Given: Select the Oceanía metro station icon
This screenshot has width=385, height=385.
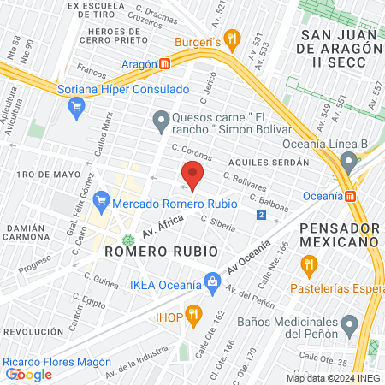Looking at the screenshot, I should [x=350, y=195].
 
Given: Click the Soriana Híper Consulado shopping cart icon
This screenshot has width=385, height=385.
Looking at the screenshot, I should [x=76, y=106].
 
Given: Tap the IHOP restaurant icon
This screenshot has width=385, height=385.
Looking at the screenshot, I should [x=192, y=313].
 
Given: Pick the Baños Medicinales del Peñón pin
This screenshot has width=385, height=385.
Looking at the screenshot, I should [x=349, y=324].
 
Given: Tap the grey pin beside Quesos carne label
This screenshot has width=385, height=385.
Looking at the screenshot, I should [x=160, y=122].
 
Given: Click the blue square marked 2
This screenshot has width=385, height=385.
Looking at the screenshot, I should [x=260, y=215].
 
